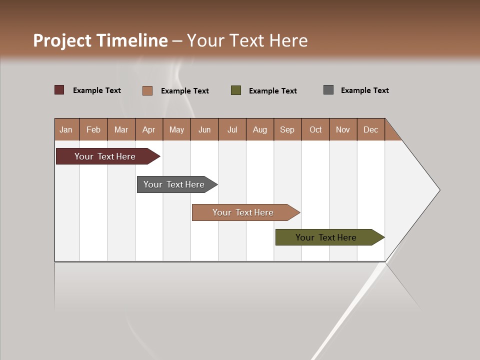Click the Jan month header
66,129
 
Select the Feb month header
93,129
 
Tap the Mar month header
121,129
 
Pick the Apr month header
149,129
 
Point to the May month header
176,129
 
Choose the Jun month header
204,129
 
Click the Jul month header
232,129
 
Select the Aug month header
260,129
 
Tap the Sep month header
287,129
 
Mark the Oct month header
315,129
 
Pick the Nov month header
343,129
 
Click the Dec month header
371,129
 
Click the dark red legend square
59,90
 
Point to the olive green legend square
236,90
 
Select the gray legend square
328,90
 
